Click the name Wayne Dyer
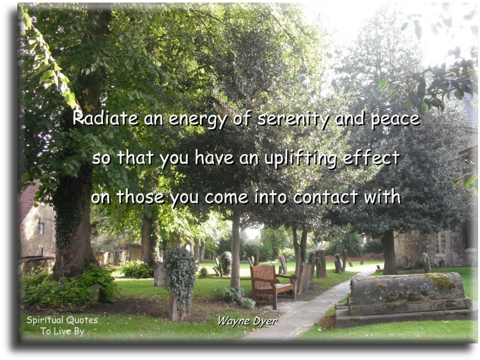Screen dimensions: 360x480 (247, 321)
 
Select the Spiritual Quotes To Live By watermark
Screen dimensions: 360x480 (62, 325)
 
